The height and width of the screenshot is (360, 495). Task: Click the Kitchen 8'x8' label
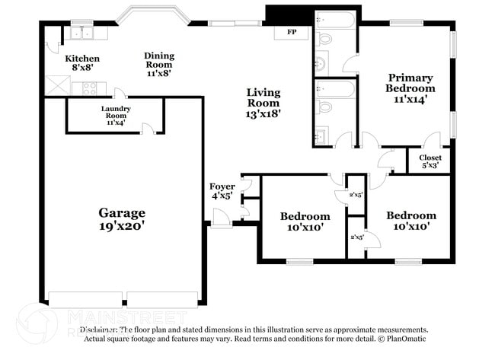coord(81,63)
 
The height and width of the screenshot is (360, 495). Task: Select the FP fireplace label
coord(291,33)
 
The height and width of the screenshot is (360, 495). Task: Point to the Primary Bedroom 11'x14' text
coord(410,88)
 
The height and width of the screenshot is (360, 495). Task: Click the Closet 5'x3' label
coord(430,161)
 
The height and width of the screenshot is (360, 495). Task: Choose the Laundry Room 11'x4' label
coord(116,114)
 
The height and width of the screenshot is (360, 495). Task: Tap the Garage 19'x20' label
coord(121,219)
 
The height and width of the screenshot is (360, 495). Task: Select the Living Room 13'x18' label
coord(263,103)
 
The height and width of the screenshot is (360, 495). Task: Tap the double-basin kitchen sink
coord(80,33)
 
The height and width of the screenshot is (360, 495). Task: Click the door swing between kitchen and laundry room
coord(119,93)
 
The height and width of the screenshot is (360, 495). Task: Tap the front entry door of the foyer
coord(222,220)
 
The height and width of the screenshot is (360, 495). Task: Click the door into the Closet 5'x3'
coord(432,141)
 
